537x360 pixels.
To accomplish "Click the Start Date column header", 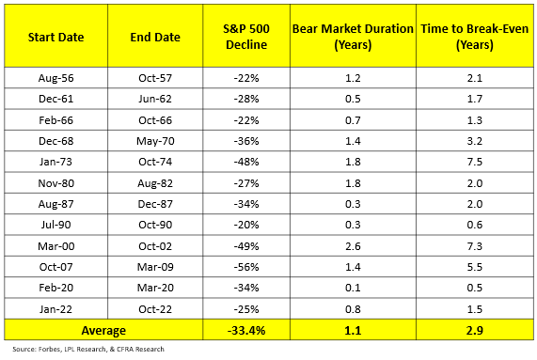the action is click(55, 37).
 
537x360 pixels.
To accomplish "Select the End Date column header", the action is click(155, 37).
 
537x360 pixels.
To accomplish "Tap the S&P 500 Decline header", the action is click(246, 37).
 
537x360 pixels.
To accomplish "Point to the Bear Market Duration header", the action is click(353, 37).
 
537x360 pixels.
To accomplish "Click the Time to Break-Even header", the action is click(475, 37).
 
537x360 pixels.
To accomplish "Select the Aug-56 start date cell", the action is click(55, 78).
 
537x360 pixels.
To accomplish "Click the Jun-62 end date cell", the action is click(155, 99).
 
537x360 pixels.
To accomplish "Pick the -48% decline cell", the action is click(246, 162).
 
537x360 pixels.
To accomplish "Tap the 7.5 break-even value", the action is click(475, 162).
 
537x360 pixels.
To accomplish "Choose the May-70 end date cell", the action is click(155, 141).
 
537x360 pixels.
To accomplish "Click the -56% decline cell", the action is click(246, 267).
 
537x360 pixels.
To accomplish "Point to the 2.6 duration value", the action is click(353, 246).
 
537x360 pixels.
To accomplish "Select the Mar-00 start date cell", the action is click(55, 246).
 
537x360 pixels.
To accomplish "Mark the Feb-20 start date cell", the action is click(55, 288).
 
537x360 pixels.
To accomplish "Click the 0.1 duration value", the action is click(353, 288).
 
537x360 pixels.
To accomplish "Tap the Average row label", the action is click(103, 331).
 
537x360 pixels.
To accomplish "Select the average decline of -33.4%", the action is click(246, 331).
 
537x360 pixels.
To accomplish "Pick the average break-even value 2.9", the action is click(475, 331).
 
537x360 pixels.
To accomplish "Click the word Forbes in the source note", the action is click(49, 349).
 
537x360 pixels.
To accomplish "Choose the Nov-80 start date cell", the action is click(55, 183).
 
